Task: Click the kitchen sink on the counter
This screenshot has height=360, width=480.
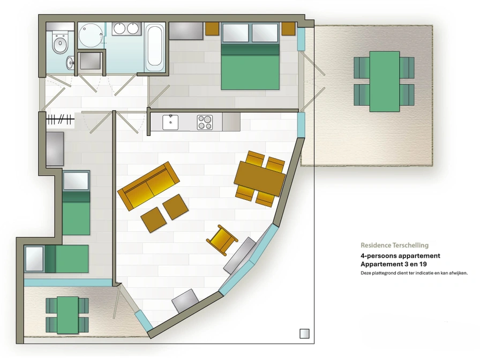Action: tap(170, 122)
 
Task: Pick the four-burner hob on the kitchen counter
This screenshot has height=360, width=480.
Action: tap(205, 122)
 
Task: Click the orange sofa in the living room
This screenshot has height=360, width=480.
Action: tap(148, 186)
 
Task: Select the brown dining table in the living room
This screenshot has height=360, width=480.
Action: tap(260, 178)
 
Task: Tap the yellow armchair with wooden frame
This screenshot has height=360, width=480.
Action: tap(222, 240)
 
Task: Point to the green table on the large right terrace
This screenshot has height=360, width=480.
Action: tap(385, 81)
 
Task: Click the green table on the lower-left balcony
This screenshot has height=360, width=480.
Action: tap(67, 314)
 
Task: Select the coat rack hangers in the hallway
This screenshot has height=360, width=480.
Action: tap(60, 119)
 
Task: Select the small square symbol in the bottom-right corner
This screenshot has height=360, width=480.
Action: tap(304, 334)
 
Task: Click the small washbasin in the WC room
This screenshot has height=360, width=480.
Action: tap(70, 63)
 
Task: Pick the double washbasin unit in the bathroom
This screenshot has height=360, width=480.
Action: tap(126, 28)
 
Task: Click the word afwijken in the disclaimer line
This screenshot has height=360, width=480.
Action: tap(457, 273)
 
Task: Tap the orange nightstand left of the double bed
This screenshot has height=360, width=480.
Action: tap(212, 28)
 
